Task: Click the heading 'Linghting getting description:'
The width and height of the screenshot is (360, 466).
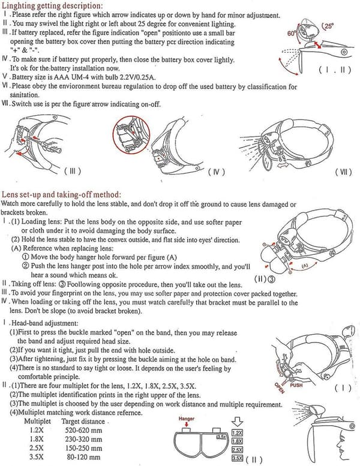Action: point(52,5)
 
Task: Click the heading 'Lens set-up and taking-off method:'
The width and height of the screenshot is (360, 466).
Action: point(61,195)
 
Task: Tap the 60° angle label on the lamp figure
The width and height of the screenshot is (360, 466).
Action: point(292,33)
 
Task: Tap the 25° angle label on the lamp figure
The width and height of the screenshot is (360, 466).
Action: point(328,26)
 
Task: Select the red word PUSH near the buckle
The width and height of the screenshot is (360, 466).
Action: point(296,385)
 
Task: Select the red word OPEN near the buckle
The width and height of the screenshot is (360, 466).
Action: point(279,387)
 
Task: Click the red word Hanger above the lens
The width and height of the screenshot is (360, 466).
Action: point(187,419)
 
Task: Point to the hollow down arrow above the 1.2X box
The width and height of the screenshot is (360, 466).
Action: point(237,422)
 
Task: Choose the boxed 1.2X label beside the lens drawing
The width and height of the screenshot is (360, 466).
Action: point(237,433)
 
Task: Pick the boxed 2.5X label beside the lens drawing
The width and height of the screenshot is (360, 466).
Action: point(237,450)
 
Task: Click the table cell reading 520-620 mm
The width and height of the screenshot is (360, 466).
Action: point(83,431)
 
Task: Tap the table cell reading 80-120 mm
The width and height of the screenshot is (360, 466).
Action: point(83,457)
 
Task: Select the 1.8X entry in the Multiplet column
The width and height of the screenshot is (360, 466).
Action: point(36,439)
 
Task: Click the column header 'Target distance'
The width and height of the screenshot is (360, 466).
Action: point(83,422)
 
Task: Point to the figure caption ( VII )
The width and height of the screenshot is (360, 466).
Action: point(343,172)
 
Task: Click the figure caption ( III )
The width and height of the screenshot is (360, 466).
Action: point(73,171)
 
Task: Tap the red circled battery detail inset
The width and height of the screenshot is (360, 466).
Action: point(131,134)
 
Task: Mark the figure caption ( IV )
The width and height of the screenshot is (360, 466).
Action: point(216,172)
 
